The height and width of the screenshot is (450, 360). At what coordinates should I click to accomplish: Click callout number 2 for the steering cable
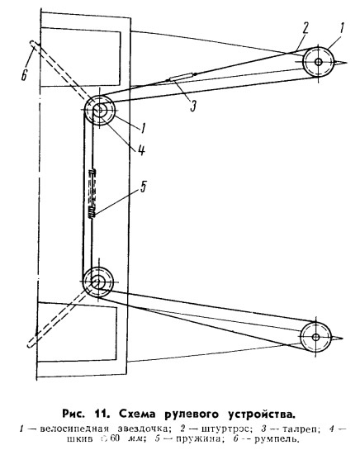pyautogui.click(x=305, y=28)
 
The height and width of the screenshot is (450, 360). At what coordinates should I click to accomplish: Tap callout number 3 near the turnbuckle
pyautogui.click(x=193, y=105)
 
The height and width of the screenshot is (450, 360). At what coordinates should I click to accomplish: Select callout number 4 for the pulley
pyautogui.click(x=141, y=149)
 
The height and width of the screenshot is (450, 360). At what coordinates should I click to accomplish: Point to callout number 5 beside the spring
pyautogui.click(x=143, y=187)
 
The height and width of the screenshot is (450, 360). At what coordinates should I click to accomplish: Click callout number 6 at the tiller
pyautogui.click(x=24, y=73)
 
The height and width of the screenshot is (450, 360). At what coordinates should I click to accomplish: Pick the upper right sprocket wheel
pyautogui.click(x=318, y=62)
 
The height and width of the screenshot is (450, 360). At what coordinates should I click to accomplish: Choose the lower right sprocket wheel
pyautogui.click(x=315, y=337)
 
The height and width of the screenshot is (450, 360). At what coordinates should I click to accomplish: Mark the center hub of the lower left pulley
pyautogui.click(x=97, y=282)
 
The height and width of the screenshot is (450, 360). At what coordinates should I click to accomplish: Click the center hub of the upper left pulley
pyautogui.click(x=100, y=109)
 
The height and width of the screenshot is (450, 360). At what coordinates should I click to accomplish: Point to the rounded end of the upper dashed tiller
pyautogui.click(x=33, y=43)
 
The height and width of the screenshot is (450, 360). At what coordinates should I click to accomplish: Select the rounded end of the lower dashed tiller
pyautogui.click(x=31, y=343)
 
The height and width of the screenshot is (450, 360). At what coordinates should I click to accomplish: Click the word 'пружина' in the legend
pyautogui.click(x=198, y=439)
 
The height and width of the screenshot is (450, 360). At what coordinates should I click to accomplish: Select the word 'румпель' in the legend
pyautogui.click(x=275, y=439)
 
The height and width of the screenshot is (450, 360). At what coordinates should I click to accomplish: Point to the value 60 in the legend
pyautogui.click(x=114, y=438)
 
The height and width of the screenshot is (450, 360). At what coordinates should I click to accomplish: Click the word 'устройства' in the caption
pyautogui.click(x=261, y=414)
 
